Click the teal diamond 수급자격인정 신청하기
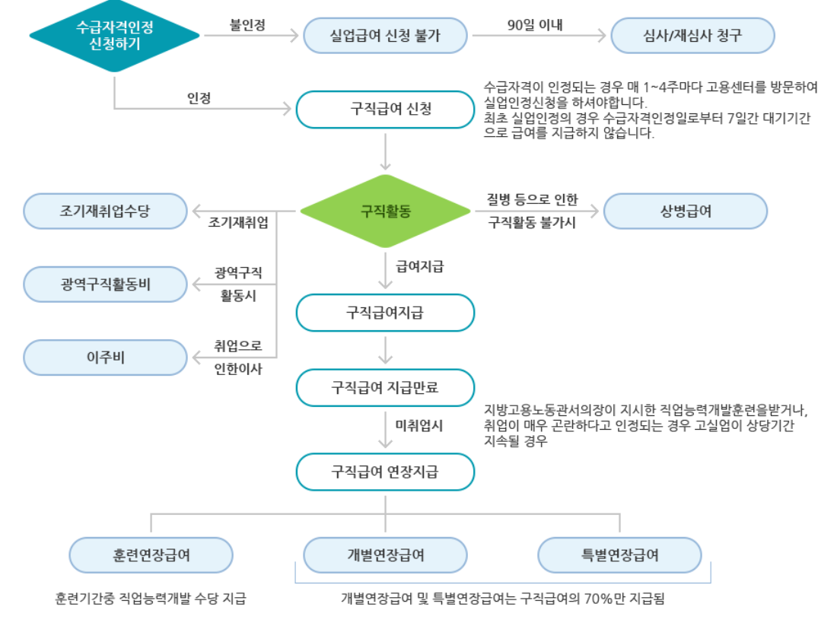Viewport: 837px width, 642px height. [x=114, y=35]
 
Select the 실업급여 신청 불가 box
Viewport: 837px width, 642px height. [x=385, y=35]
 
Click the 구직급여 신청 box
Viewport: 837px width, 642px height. [x=385, y=109]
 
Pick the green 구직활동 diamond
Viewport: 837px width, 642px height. [x=385, y=211]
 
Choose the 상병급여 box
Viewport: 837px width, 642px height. [x=686, y=211]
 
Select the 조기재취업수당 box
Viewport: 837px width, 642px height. [x=105, y=211]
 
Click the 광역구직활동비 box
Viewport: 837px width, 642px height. [x=105, y=284]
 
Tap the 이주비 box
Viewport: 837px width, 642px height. [x=105, y=357]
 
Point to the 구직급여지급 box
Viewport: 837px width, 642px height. [x=385, y=312]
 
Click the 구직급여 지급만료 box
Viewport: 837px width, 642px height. [x=385, y=387]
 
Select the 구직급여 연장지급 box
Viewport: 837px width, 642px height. [x=385, y=472]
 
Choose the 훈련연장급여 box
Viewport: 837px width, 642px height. [x=151, y=555]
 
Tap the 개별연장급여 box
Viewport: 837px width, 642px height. [x=385, y=555]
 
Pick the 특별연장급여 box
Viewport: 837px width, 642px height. [x=619, y=555]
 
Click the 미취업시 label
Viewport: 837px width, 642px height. [x=419, y=426]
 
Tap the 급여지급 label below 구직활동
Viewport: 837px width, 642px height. [x=419, y=266]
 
